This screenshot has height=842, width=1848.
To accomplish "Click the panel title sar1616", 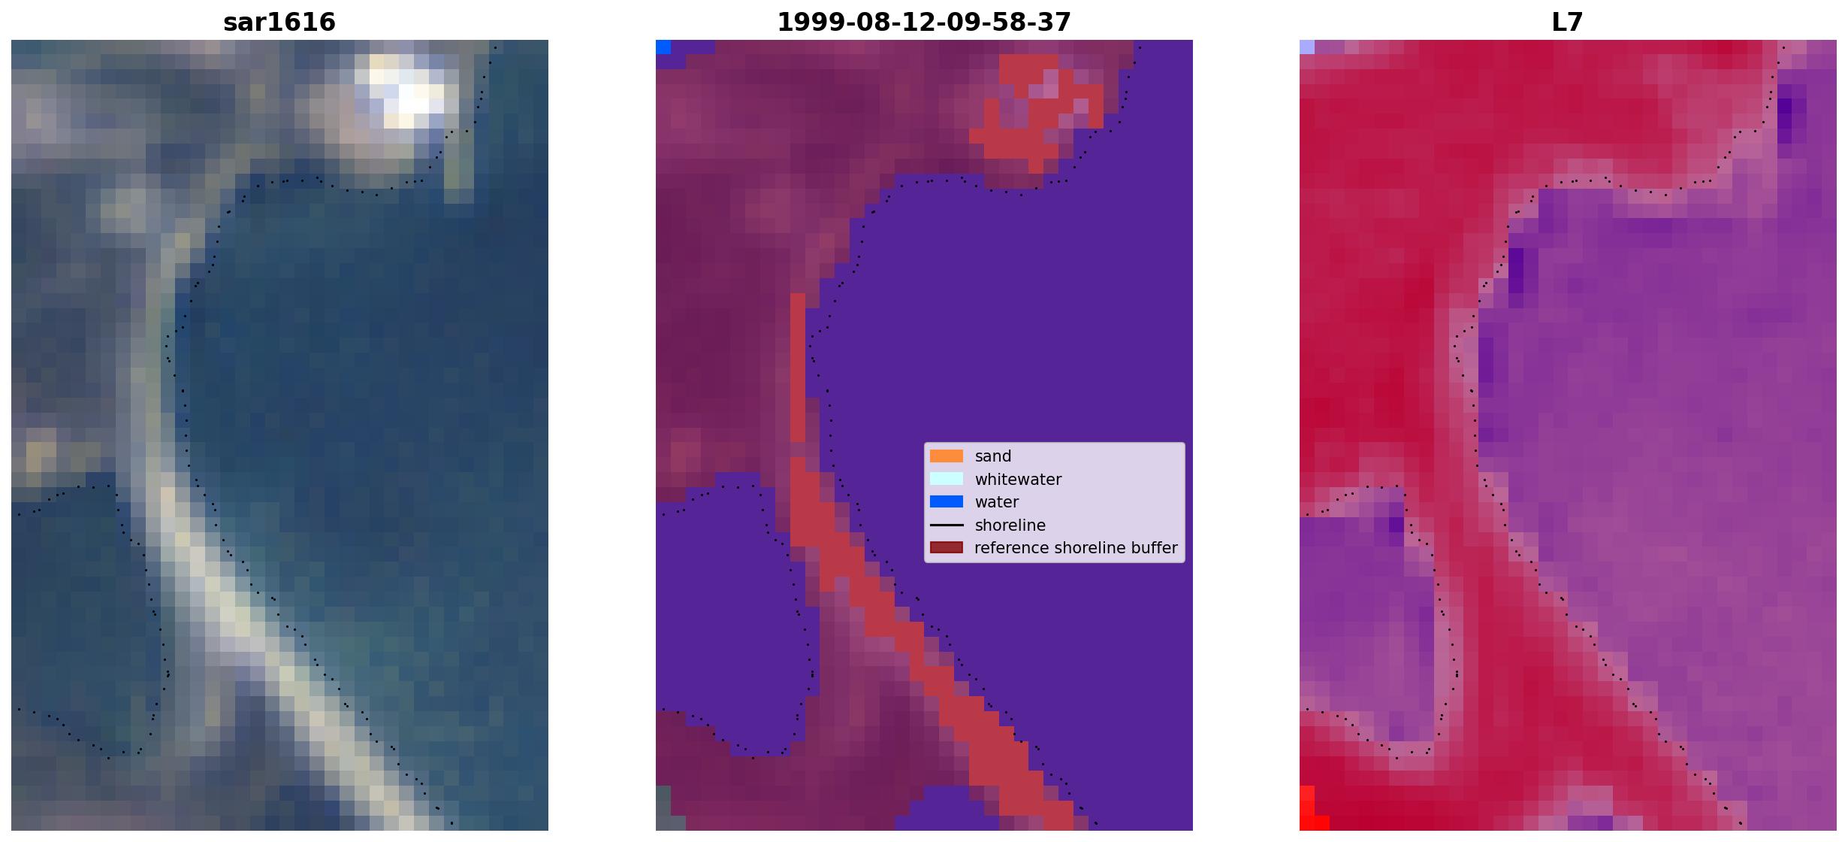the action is coord(279,22).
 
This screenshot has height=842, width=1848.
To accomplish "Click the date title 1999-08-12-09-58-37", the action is coord(924,22).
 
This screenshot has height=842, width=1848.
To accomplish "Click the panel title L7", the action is coord(1568,22).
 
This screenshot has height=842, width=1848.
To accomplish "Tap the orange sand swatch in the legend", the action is coord(947,456).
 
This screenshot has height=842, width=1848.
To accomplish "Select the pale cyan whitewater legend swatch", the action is coord(947,479).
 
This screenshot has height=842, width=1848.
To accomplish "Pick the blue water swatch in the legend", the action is coord(947,501).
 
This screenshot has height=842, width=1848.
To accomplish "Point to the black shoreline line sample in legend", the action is coord(947,525).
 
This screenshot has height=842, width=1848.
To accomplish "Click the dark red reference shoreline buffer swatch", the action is coord(947,548).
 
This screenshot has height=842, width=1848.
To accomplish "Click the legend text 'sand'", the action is coord(993,456).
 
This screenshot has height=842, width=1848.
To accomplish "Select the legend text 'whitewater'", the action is coord(1018,480).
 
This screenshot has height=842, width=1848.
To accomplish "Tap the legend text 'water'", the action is coord(997,502).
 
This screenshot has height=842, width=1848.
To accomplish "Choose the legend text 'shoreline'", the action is coord(1010,525).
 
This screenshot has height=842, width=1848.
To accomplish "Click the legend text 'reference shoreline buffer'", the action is coord(1076,548).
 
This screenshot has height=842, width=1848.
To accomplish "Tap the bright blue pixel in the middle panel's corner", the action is coord(663,47).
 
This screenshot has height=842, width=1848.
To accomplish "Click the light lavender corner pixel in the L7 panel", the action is coord(1307,47).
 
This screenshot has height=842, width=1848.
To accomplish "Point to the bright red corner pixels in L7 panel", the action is coord(1311,810).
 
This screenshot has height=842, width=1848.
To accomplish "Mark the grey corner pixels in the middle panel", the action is coord(663,808).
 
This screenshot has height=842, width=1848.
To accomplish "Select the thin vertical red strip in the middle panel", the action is coord(798,368).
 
